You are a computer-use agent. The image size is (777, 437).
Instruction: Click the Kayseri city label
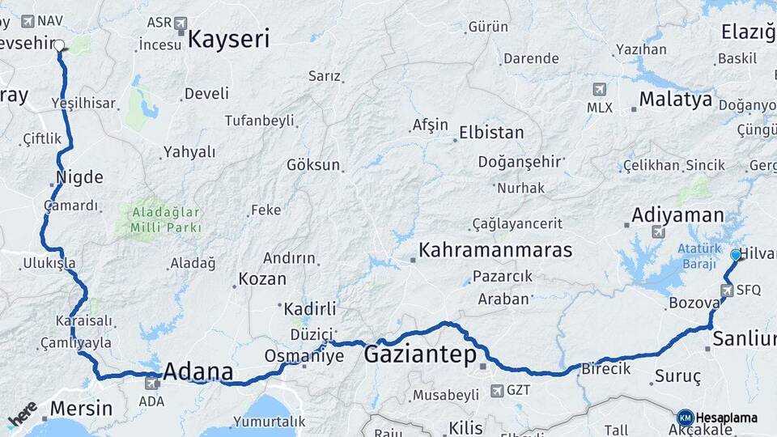(x=228, y=39)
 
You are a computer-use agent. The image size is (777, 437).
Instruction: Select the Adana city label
(x=197, y=372)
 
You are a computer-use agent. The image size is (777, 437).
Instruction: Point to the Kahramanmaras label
(x=495, y=250)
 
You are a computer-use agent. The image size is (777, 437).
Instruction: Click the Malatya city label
(x=675, y=100)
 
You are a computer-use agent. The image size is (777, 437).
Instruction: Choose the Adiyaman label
(x=677, y=215)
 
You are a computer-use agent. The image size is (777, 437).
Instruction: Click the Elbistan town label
(x=490, y=132)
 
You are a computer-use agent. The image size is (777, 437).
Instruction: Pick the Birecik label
(x=605, y=368)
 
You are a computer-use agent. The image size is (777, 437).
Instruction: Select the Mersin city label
(x=81, y=408)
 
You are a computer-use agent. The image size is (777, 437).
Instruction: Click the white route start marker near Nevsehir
(x=59, y=45)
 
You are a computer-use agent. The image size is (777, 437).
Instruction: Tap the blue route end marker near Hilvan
(x=736, y=255)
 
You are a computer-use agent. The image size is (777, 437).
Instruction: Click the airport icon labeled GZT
(x=496, y=391)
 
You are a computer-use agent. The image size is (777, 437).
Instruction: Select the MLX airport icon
(x=599, y=89)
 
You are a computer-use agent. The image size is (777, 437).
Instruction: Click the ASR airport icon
(x=179, y=23)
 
